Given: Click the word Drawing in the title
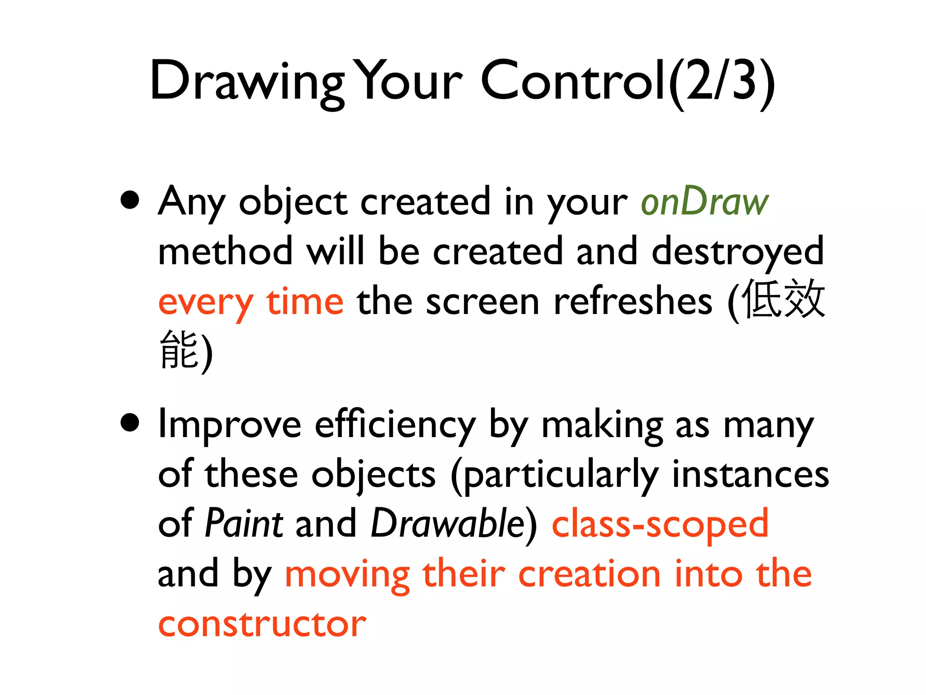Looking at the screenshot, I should click(246, 81).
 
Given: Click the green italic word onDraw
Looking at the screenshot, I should click(704, 202).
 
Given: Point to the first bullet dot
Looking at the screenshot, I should click(130, 200).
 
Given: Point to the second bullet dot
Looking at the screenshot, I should click(130, 423).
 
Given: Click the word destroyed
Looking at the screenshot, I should click(737, 252).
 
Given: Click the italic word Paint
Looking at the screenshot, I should click(244, 524).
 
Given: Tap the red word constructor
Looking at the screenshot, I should click(262, 624).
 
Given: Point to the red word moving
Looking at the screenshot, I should click(347, 575).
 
